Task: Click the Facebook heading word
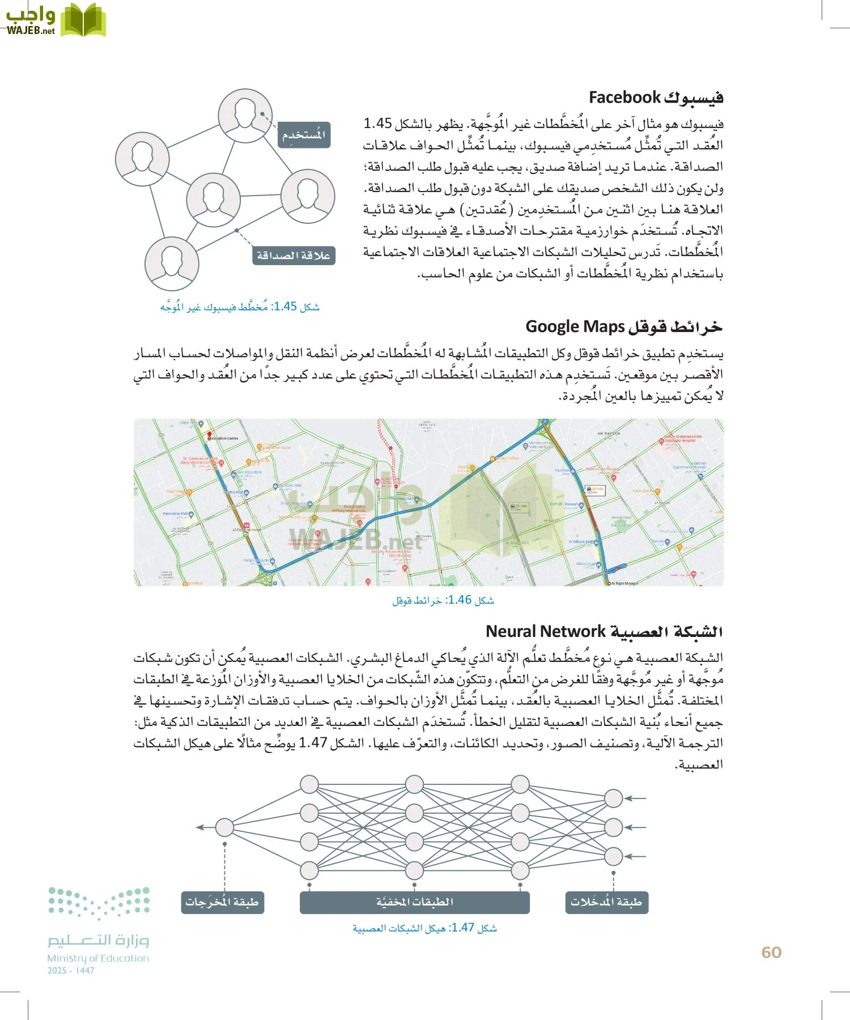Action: point(624,97)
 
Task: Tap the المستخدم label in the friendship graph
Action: point(304,135)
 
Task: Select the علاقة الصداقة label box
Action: point(294,256)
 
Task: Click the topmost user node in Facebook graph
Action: point(245,115)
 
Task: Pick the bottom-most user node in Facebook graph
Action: point(171,264)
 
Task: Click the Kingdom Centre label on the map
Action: point(225,438)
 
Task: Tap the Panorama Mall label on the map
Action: point(175,513)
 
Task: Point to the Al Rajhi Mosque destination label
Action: point(624,583)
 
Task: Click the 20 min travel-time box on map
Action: point(595,490)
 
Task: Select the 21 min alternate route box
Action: point(518,507)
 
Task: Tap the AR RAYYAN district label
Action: point(609,433)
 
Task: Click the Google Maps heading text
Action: point(575,327)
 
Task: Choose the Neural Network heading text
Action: point(546,631)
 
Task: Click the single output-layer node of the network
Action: point(224,827)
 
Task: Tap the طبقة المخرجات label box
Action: point(222,902)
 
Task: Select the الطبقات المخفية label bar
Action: point(414,902)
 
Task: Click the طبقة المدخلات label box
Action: point(606,902)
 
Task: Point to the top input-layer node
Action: point(613,798)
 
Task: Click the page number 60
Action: point(771,953)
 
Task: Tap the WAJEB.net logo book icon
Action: point(83,20)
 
